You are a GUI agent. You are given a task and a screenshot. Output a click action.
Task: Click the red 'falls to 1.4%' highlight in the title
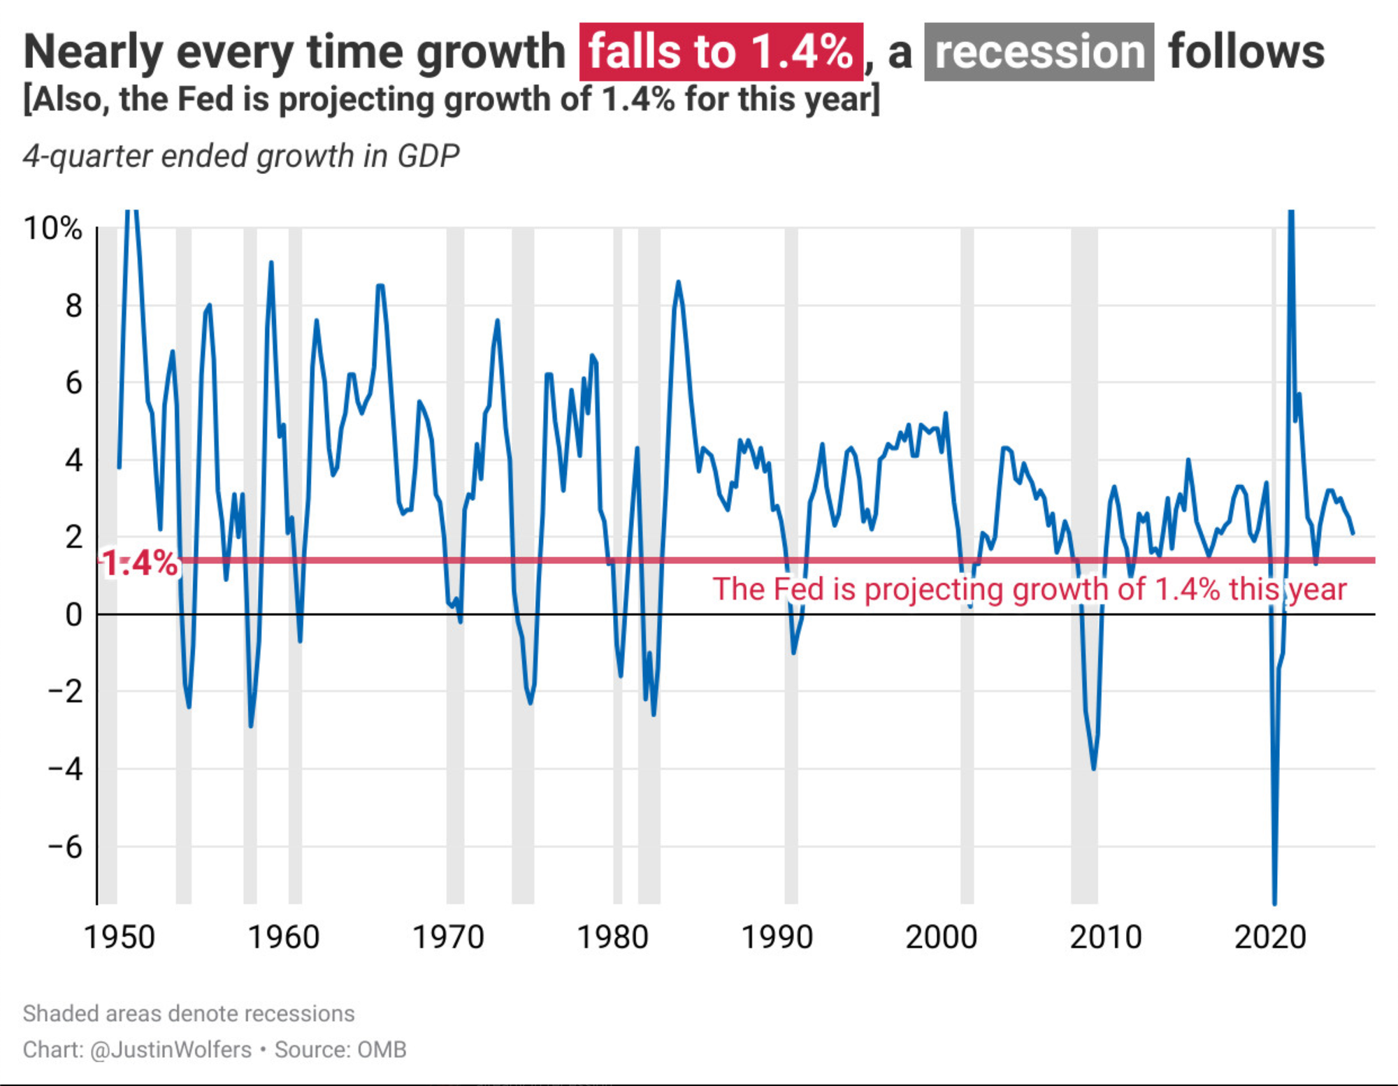(x=721, y=52)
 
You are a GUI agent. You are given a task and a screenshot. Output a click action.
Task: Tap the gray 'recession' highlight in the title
(x=1039, y=52)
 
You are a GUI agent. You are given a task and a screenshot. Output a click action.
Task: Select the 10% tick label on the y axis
(x=53, y=229)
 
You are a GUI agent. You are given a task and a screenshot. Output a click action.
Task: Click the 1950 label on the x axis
(x=119, y=937)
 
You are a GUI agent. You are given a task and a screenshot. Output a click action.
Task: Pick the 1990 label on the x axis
(x=777, y=937)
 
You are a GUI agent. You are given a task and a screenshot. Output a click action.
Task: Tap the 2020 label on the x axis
(x=1270, y=937)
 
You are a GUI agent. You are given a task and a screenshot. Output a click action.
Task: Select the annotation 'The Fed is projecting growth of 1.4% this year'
(x=1029, y=589)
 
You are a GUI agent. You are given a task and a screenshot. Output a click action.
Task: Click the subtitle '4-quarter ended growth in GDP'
(x=241, y=156)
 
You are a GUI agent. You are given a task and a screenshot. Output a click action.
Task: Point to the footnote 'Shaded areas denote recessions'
(x=189, y=1013)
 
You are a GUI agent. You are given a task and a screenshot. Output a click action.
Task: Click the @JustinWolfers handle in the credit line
(x=171, y=1050)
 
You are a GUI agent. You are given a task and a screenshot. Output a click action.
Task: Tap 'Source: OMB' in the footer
(x=340, y=1050)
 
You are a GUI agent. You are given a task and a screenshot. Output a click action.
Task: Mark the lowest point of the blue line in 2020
(x=1274, y=904)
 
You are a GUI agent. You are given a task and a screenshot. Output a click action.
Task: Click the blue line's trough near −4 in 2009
(x=1093, y=769)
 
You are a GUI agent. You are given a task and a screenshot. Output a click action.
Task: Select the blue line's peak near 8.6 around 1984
(x=678, y=282)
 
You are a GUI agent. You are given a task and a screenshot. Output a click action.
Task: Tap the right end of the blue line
(x=1353, y=533)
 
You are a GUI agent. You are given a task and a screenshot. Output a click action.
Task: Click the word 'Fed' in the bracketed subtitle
(x=207, y=99)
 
